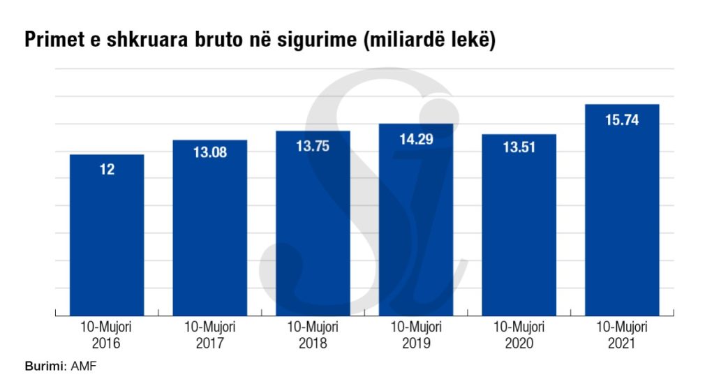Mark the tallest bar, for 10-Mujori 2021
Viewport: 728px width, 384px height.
pos(622,209)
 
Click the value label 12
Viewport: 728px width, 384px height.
pos(107,169)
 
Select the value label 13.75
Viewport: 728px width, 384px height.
pos(313,146)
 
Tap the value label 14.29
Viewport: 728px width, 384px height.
pos(416,139)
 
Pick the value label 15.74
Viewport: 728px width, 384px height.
pos(622,120)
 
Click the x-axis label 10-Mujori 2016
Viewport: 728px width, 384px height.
pos(107,335)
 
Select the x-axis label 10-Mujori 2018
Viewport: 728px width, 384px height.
pos(313,335)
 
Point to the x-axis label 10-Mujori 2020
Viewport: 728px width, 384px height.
pos(519,335)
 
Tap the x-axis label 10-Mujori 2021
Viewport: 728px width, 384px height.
pos(622,335)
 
